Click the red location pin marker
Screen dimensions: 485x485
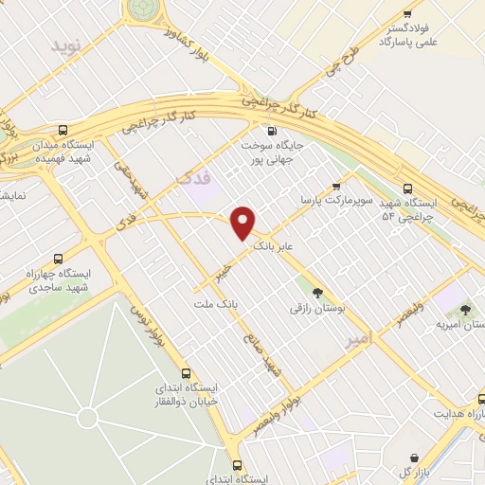click(243, 223)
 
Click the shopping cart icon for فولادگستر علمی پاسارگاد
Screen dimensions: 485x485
click(407, 13)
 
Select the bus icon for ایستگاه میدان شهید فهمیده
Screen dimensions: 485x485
click(63, 130)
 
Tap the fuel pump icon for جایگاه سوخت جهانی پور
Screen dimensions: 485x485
click(272, 132)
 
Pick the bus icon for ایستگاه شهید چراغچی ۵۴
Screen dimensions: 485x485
click(407, 188)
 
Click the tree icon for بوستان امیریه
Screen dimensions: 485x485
click(464, 309)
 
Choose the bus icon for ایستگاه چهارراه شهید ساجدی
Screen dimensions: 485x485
click(60, 258)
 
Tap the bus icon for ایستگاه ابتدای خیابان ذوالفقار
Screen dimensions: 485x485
click(188, 372)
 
